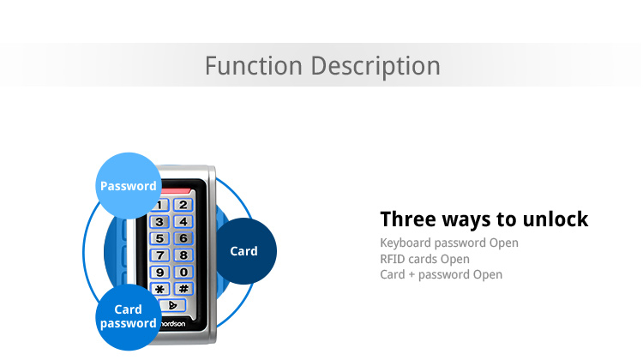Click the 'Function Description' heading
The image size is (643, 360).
[322, 66]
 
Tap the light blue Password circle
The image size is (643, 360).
[129, 186]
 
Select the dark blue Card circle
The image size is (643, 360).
[243, 251]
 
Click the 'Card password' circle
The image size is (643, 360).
[129, 317]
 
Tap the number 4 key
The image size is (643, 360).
[183, 221]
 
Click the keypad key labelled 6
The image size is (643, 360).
[183, 238]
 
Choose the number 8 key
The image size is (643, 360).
[183, 255]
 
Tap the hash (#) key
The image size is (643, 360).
[183, 288]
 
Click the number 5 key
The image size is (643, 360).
[159, 238]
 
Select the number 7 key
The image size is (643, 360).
[159, 255]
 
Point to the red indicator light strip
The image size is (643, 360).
[176, 191]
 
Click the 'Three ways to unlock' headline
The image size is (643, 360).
[484, 219]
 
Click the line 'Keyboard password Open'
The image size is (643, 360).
[449, 243]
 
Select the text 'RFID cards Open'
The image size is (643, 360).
[424, 259]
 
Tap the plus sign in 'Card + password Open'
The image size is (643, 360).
[412, 275]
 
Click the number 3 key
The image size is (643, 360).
[159, 222]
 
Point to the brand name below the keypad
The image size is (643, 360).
[172, 324]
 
